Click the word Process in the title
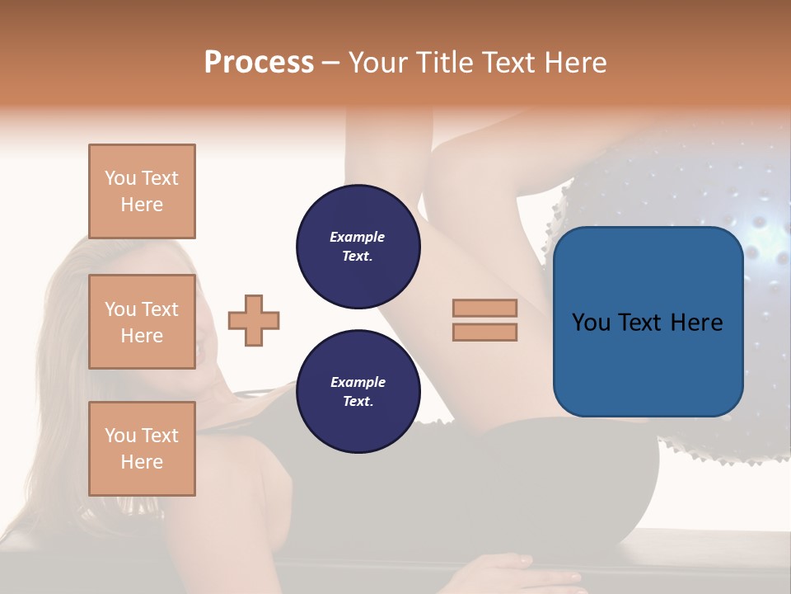coord(259,63)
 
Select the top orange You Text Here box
coord(142,191)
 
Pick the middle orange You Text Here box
coord(142,322)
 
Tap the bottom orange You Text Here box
coord(142,448)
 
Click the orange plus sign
coord(254,320)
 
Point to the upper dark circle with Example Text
coord(358,246)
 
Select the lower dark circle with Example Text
coord(358,392)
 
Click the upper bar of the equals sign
coord(484,308)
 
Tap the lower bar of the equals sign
coord(484,332)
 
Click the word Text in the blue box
coord(645,322)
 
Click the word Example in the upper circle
coord(358,237)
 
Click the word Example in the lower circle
coord(358,382)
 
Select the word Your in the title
coord(374,63)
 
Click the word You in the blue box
coord(591,322)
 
